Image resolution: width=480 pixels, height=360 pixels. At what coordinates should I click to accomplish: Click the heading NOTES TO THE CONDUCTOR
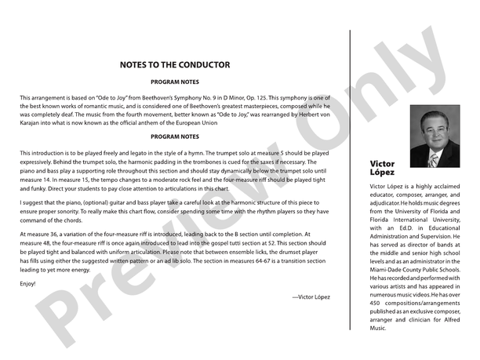174,65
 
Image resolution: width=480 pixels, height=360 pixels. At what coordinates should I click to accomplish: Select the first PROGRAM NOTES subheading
174,82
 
